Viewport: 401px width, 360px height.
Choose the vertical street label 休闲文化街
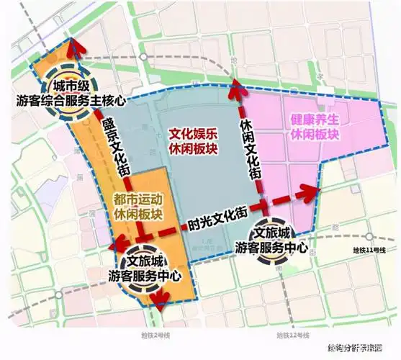[x=248, y=149]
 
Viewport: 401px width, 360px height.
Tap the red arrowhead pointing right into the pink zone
[x=314, y=191]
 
